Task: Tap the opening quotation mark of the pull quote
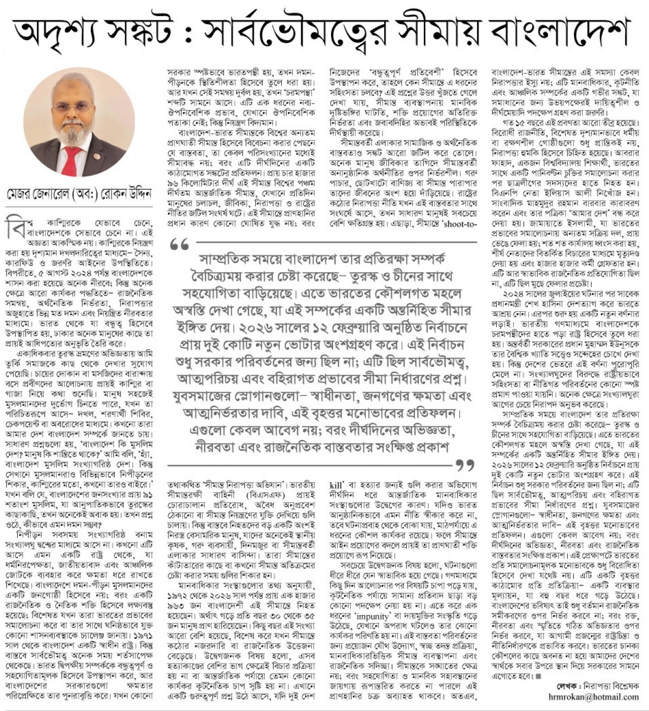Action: click(180, 244)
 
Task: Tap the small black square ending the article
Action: click(539, 677)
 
